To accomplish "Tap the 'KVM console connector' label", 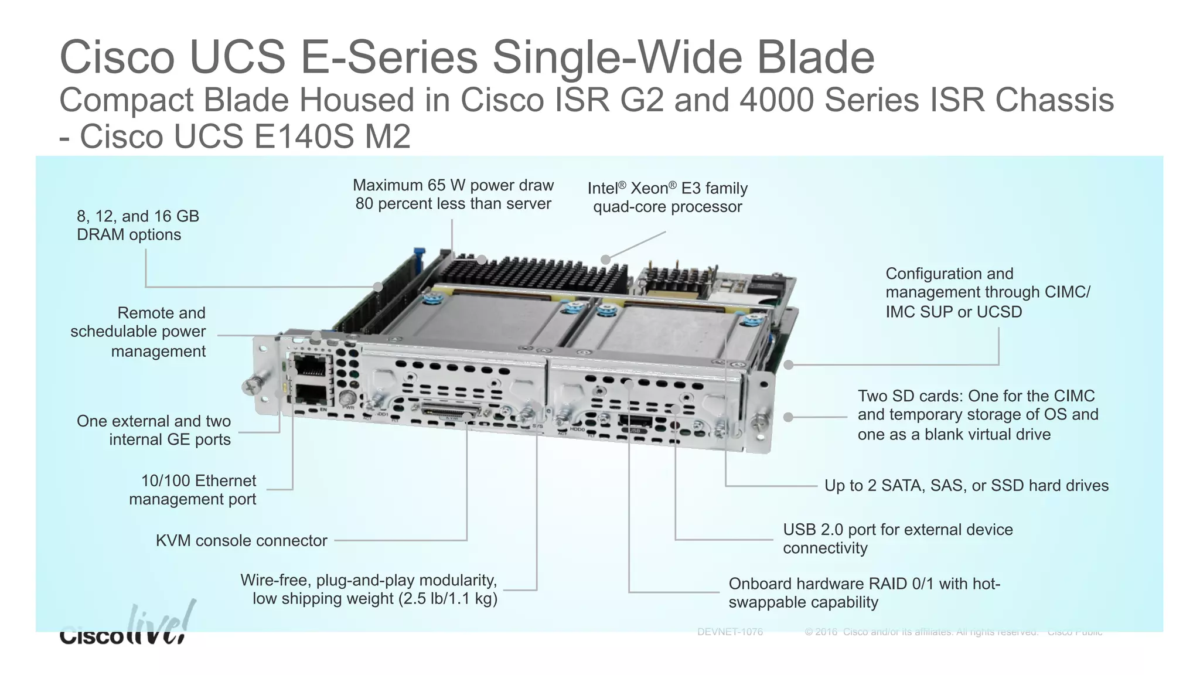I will [241, 540].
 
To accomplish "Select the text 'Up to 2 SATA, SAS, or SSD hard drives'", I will [966, 485].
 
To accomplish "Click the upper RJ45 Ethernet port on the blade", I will [309, 366].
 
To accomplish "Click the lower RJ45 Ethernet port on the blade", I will [309, 394].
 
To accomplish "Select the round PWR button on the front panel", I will [348, 397].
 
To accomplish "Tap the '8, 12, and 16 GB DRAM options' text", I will [138, 225].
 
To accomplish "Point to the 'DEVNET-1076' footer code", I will [730, 632].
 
